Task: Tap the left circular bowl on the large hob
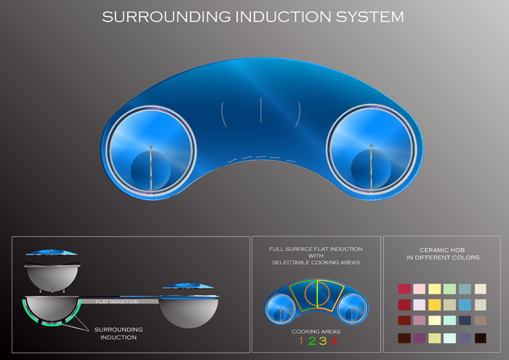pos(151,150)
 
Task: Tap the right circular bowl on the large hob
pos(372,150)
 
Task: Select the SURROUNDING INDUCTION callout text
pos(118,333)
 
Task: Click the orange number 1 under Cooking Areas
pos(300,341)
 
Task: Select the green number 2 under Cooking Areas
pos(311,341)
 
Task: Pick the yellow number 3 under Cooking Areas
pos(322,341)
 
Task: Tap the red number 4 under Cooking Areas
pos(333,341)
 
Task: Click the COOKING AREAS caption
pos(316,331)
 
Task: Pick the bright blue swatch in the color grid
pos(465,305)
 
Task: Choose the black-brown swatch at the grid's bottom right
pos(480,338)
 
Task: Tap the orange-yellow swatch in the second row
pos(434,305)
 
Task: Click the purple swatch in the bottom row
pos(419,338)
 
